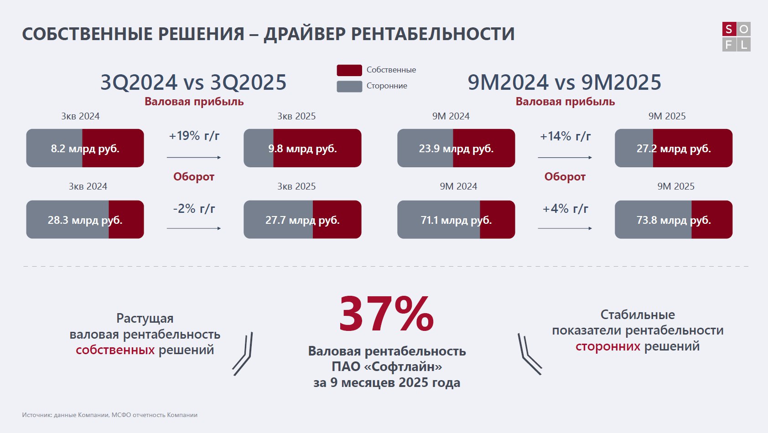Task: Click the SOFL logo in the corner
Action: pos(736,36)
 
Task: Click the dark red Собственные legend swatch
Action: pos(349,70)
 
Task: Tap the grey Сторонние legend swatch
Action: pos(349,86)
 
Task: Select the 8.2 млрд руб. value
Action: pos(85,149)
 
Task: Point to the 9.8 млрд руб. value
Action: pos(302,149)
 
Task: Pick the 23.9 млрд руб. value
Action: pos(456,149)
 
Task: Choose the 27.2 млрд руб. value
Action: pos(674,149)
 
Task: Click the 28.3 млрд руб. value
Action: pos(85,220)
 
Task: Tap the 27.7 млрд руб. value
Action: pos(302,220)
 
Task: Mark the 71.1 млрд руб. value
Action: pos(456,220)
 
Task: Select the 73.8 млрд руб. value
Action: pos(674,220)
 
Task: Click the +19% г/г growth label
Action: pos(194,136)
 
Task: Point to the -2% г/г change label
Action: pos(194,209)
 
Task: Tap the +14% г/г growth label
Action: pos(566,136)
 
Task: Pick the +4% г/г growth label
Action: pos(566,209)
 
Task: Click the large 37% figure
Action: pos(386,314)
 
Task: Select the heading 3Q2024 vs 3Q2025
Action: pos(193,82)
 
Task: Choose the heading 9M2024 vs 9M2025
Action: pos(565,82)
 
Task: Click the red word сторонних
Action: pos(608,346)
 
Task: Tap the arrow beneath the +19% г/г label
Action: pos(194,157)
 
